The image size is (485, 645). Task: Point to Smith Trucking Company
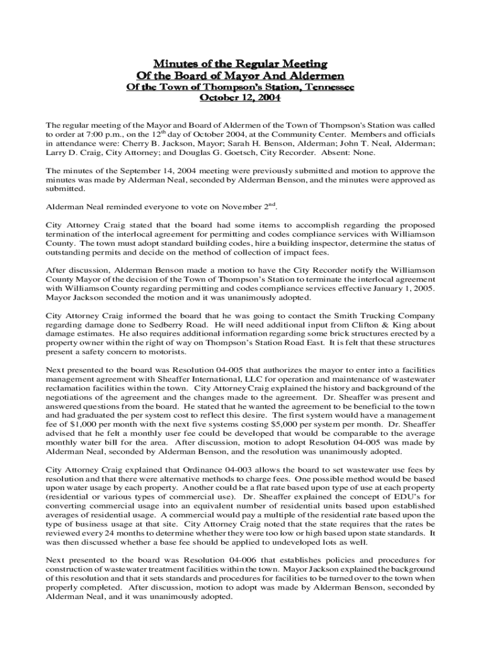(x=384, y=316)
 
